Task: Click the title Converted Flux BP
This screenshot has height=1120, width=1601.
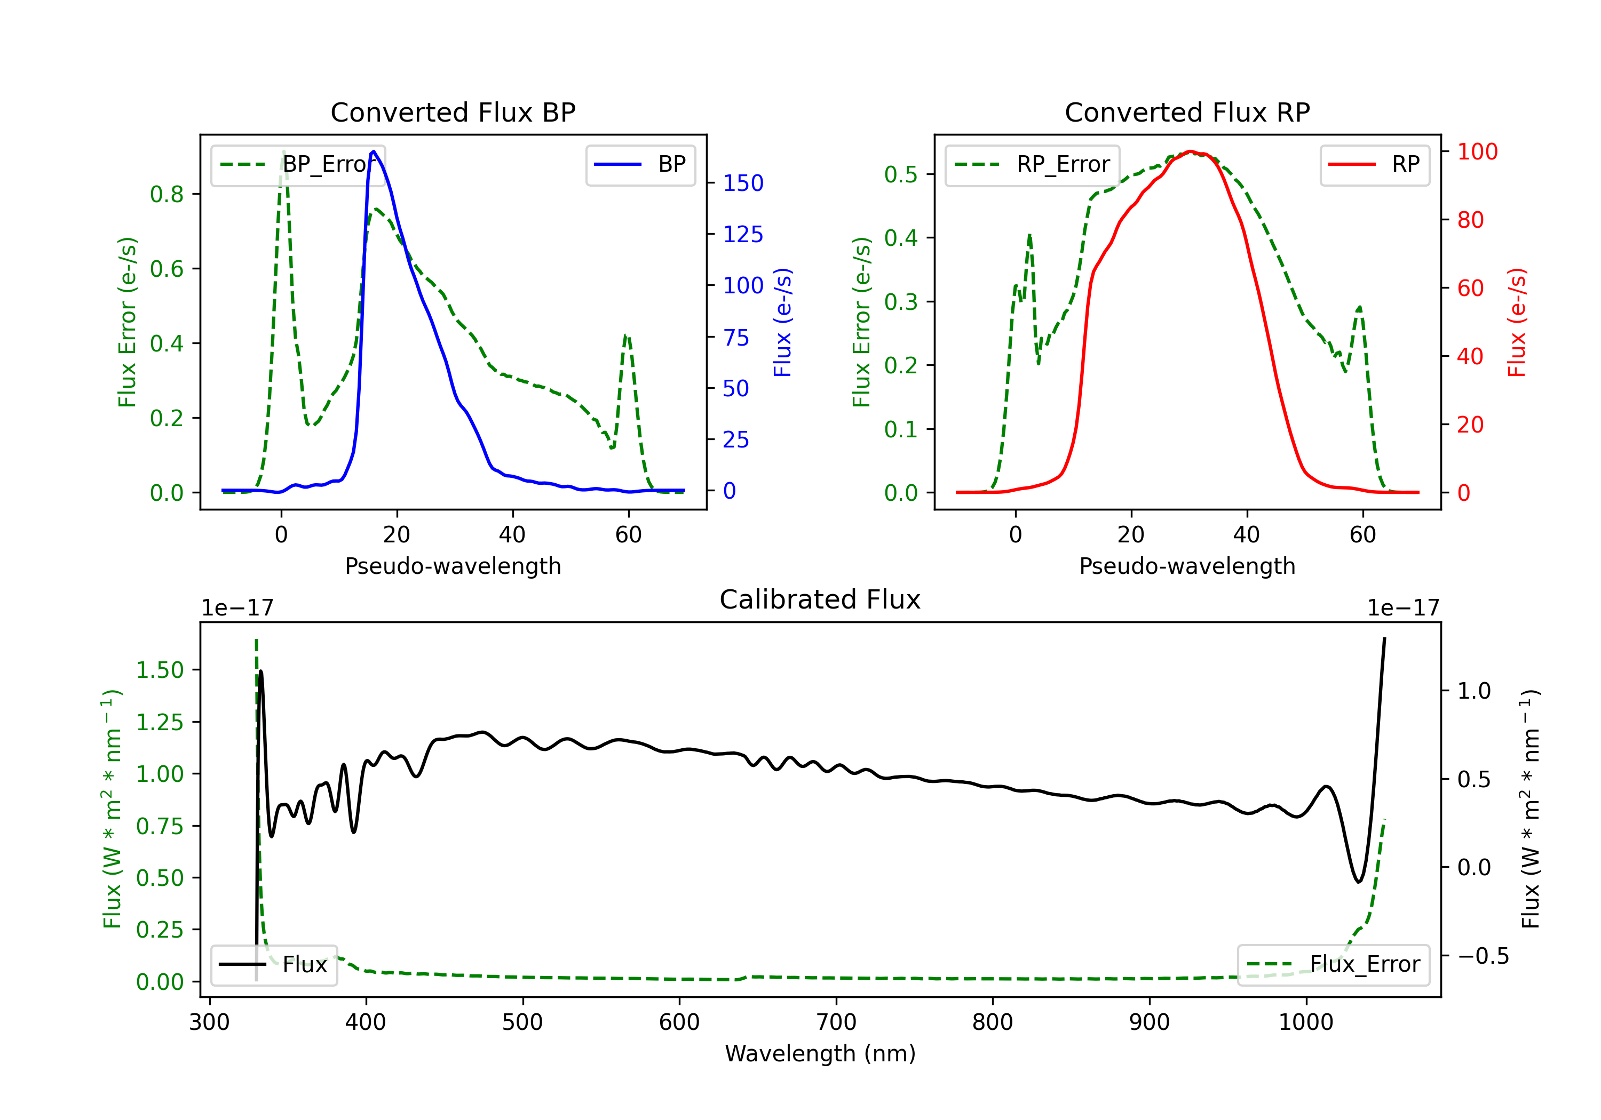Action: pos(453,112)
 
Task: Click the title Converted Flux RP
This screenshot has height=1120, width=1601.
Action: pos(1187,112)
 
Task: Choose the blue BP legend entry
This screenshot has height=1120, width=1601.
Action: pos(640,164)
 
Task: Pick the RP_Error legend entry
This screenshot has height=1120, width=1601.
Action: pos(1032,164)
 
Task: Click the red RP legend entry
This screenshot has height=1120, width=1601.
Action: pos(1374,164)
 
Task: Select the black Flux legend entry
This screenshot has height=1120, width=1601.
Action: pos(274,965)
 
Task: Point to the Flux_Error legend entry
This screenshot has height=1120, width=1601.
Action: pos(1333,965)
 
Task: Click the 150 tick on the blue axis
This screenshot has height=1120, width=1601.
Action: pos(743,183)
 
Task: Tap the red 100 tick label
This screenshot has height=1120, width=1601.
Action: pos(1477,152)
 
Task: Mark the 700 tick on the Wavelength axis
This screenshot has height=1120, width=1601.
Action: pos(835,1022)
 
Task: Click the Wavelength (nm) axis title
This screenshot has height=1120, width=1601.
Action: pos(820,1053)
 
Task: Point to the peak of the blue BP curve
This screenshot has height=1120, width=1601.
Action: pos(374,151)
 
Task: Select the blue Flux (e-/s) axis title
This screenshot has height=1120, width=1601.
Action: pos(783,322)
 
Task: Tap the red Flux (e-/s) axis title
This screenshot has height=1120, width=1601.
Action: pos(1517,322)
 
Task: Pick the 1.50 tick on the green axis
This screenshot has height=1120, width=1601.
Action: pos(160,670)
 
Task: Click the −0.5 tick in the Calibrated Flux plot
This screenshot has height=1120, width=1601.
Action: pos(1483,956)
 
